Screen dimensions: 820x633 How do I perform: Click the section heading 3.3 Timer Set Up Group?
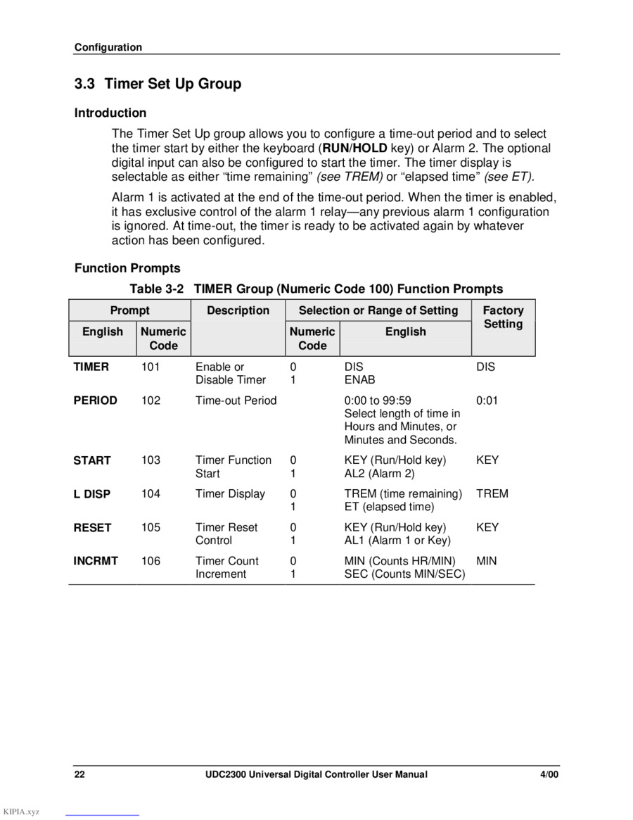[158, 84]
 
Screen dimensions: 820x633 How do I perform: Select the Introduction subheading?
[110, 113]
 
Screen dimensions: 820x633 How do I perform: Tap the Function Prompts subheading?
[127, 268]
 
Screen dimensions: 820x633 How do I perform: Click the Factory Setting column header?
[503, 317]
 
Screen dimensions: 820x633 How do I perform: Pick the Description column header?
[238, 310]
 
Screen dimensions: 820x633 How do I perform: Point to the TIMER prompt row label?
[91, 367]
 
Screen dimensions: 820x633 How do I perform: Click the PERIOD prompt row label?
[96, 400]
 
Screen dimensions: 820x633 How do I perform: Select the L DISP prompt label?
[92, 494]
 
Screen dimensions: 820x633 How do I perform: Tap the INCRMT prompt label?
[96, 561]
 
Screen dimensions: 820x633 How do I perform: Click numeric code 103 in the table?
[151, 460]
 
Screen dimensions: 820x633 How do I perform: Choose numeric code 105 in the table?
[151, 527]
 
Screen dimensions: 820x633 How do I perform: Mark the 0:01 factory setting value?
[487, 400]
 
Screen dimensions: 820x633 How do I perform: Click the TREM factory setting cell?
[492, 494]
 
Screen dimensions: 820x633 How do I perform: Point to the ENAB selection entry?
[359, 380]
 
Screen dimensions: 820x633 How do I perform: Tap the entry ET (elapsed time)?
[389, 507]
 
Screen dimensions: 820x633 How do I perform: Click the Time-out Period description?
[236, 400]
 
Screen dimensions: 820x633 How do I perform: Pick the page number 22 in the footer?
[80, 775]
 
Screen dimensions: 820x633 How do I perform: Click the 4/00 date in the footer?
[549, 775]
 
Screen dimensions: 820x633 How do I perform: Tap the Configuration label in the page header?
[108, 48]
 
